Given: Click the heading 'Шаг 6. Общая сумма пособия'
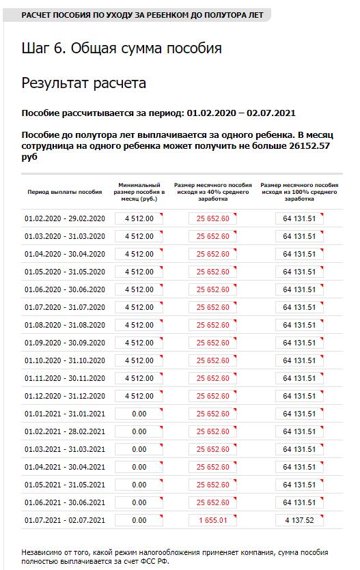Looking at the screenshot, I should coord(122,48).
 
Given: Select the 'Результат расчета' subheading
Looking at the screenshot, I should coord(84,83).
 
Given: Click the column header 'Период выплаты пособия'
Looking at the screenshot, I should coord(65,192).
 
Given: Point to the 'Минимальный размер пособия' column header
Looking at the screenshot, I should coord(139,192).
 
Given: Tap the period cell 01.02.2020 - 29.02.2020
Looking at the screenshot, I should coord(65,218).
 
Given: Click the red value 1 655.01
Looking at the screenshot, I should coord(213,520).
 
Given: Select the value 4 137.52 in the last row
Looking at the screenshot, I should coord(299,520).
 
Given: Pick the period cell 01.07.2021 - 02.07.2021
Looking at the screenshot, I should coord(65,520).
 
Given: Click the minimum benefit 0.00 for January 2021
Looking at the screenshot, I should coord(139,414).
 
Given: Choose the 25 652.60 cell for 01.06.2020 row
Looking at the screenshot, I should coord(213,289).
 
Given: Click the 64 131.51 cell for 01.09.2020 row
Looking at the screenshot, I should coord(299,343).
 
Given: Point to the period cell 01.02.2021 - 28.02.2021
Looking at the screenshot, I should coord(65,431).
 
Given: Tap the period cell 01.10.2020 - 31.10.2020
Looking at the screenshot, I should coord(65,360).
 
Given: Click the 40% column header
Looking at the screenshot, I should coord(213,192).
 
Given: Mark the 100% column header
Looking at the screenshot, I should coord(299,192).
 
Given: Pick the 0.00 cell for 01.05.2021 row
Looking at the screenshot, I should coord(139,485).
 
